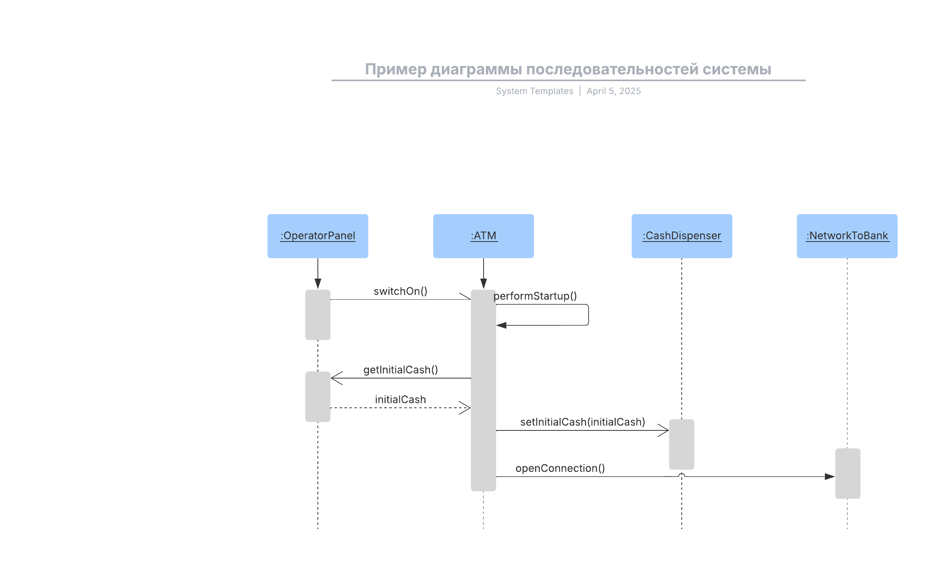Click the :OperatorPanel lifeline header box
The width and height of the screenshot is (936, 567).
(317, 236)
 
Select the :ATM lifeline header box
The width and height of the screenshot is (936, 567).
(483, 236)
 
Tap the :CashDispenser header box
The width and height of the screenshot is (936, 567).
(682, 236)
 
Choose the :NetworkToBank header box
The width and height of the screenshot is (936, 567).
(847, 236)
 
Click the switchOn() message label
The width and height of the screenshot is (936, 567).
(400, 291)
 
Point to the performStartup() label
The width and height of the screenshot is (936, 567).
(535, 296)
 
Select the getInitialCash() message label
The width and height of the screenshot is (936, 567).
(401, 370)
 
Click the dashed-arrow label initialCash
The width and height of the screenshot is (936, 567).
(400, 400)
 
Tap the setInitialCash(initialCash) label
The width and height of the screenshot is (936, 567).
(582, 422)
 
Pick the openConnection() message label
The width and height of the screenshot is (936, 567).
(560, 468)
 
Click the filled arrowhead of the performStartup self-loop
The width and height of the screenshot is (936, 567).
(502, 325)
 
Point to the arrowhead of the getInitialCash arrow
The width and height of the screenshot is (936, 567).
(336, 378)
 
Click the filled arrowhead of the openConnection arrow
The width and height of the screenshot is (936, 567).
(830, 476)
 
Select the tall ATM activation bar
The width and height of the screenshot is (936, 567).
(483, 390)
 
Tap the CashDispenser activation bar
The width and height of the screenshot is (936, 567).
(681, 444)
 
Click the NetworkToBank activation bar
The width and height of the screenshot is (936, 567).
(847, 473)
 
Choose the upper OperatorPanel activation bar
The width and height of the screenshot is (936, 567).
(317, 315)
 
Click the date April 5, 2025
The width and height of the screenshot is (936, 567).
(613, 91)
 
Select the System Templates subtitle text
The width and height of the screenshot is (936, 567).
(534, 91)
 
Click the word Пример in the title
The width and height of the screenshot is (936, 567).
(395, 69)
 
